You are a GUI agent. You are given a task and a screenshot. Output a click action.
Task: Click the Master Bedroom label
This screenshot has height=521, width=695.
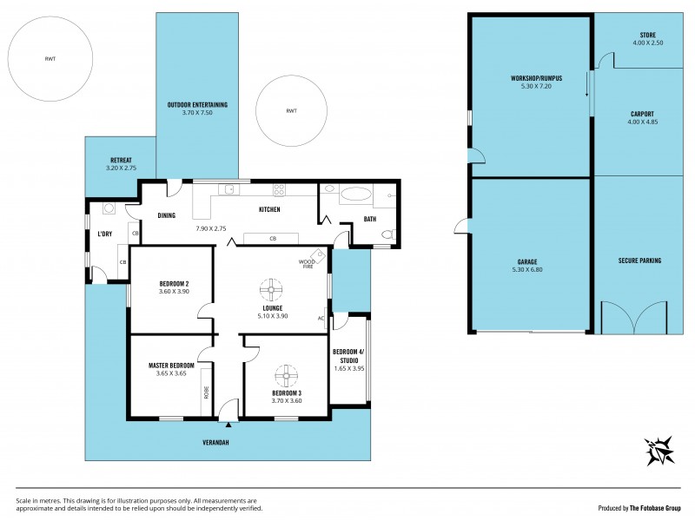point(171,366)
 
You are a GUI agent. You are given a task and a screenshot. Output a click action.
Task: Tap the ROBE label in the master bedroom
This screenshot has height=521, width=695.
point(206,392)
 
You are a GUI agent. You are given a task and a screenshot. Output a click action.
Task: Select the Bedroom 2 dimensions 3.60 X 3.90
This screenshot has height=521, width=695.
point(174,292)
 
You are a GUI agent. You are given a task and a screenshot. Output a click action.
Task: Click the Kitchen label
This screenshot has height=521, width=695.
point(268,209)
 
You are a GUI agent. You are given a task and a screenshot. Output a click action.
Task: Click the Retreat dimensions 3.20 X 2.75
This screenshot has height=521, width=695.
point(120,168)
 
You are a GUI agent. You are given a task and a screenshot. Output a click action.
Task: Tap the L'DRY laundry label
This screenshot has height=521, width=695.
point(105,234)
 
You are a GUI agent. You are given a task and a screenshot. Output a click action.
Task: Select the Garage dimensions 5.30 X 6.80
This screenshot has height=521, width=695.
point(527,269)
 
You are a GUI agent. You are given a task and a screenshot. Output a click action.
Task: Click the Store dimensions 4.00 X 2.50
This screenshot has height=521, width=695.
point(647,43)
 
